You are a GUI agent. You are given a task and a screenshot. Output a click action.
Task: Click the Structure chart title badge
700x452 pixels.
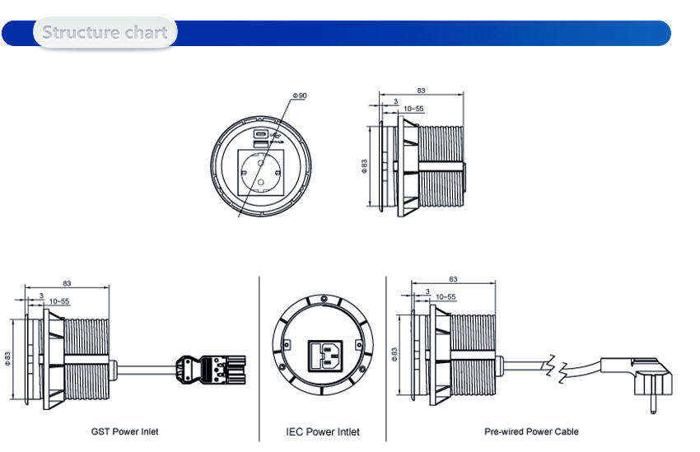click(x=105, y=33)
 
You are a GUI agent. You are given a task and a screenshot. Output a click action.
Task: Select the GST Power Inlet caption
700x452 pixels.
click(x=124, y=431)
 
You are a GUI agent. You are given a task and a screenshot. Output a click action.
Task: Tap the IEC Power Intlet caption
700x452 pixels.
click(x=322, y=431)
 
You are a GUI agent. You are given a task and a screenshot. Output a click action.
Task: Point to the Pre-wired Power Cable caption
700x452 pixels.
click(x=531, y=431)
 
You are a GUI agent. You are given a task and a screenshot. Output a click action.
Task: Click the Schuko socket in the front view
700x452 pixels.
click(x=260, y=170)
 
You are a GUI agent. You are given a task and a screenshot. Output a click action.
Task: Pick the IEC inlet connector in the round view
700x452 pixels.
click(x=324, y=355)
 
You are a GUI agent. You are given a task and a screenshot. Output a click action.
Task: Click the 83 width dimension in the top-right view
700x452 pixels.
click(x=421, y=91)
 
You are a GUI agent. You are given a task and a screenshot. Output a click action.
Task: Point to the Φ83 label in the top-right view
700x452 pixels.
click(x=364, y=167)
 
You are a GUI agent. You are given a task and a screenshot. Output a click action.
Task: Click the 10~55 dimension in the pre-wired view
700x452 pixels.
click(x=446, y=296)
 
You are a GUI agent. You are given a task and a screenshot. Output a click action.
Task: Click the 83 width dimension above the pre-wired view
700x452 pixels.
click(x=453, y=280)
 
